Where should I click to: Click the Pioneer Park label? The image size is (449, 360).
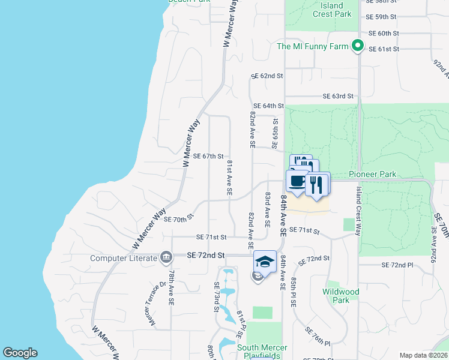point(373,174)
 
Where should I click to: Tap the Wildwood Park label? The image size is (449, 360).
point(340,296)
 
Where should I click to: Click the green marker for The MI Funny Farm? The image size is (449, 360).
point(358,46)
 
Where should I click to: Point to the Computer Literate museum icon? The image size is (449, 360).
point(166,259)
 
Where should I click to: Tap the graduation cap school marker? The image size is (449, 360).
point(265,261)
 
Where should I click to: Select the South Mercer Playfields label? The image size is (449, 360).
point(262,352)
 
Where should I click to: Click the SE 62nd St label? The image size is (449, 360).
point(267,76)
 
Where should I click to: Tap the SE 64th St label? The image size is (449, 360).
point(268,106)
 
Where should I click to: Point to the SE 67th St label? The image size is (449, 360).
point(208,156)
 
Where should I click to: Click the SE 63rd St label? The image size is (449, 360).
point(338,96)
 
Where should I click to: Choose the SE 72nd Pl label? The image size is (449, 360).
point(398,265)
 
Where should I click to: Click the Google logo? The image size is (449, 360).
point(20,353)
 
